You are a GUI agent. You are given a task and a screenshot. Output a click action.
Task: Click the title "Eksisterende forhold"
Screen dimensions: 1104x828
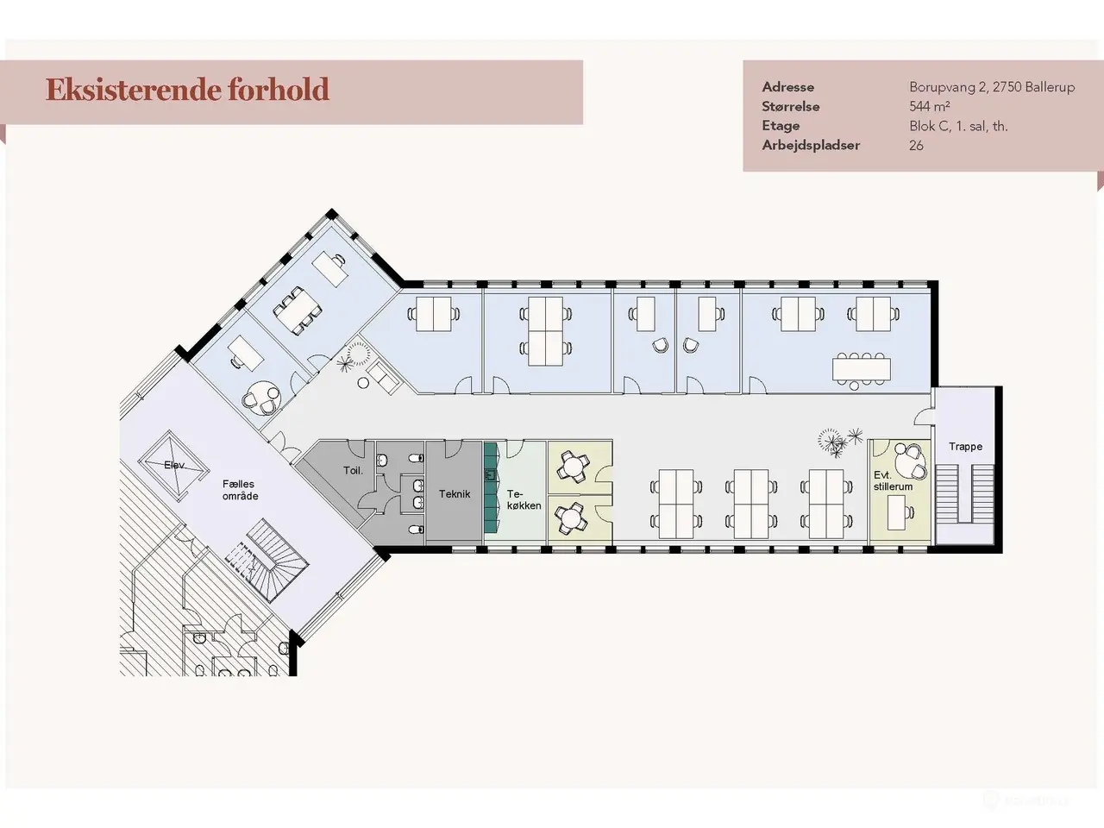(187, 91)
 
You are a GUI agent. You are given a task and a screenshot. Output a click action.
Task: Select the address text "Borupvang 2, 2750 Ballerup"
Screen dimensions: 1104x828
(992, 87)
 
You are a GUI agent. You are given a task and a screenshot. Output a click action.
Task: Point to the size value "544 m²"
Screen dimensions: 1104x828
(930, 107)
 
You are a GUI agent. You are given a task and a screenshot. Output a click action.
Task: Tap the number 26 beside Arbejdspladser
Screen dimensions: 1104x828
(916, 145)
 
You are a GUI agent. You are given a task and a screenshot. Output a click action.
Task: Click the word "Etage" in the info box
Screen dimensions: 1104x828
(781, 126)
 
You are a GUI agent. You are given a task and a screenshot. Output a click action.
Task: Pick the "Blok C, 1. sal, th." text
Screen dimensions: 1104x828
(958, 126)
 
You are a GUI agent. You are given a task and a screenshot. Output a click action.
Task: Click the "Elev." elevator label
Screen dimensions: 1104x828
(174, 465)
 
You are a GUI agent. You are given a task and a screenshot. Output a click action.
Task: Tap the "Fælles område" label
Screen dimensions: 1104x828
(241, 490)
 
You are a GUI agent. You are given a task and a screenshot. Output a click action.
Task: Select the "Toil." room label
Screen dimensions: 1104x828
(353, 471)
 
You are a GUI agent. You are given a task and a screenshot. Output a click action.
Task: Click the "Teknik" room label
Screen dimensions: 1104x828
(455, 494)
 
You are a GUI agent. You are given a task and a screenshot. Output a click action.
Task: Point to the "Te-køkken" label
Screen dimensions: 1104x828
(524, 499)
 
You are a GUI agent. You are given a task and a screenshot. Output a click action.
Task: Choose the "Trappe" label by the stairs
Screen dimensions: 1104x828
(965, 447)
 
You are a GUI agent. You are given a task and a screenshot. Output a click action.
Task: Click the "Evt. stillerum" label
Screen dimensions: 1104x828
(893, 480)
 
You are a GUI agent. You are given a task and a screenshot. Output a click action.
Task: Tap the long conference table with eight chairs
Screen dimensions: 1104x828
(861, 369)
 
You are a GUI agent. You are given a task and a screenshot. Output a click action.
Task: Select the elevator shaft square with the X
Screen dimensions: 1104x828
(173, 466)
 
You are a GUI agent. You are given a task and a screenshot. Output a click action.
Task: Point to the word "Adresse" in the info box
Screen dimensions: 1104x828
(787, 87)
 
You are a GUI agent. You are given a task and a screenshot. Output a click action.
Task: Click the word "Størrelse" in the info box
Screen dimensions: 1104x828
(791, 107)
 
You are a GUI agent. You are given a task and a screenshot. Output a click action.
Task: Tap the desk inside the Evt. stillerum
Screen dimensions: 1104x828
(896, 512)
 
